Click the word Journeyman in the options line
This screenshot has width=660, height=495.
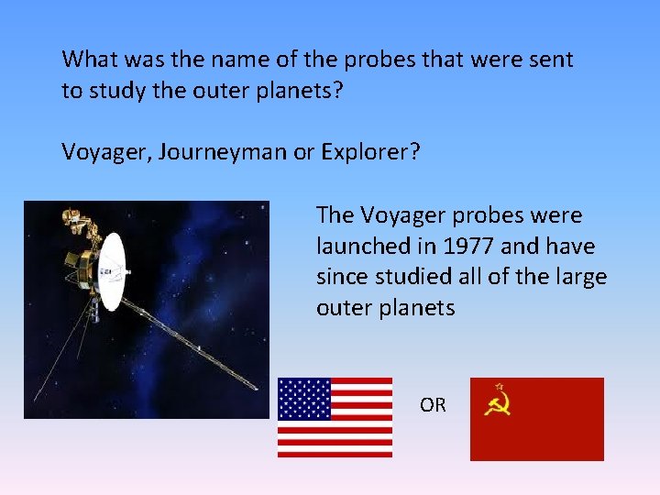click(x=222, y=151)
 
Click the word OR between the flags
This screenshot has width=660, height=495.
click(x=433, y=404)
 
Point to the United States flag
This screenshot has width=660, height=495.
click(x=335, y=417)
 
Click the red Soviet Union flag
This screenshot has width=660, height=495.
click(x=536, y=419)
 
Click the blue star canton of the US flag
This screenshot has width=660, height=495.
click(x=303, y=398)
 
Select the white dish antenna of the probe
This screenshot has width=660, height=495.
click(x=112, y=270)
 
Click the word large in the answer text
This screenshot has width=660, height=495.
click(x=580, y=277)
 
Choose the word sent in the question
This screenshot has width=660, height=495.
click(x=555, y=60)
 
